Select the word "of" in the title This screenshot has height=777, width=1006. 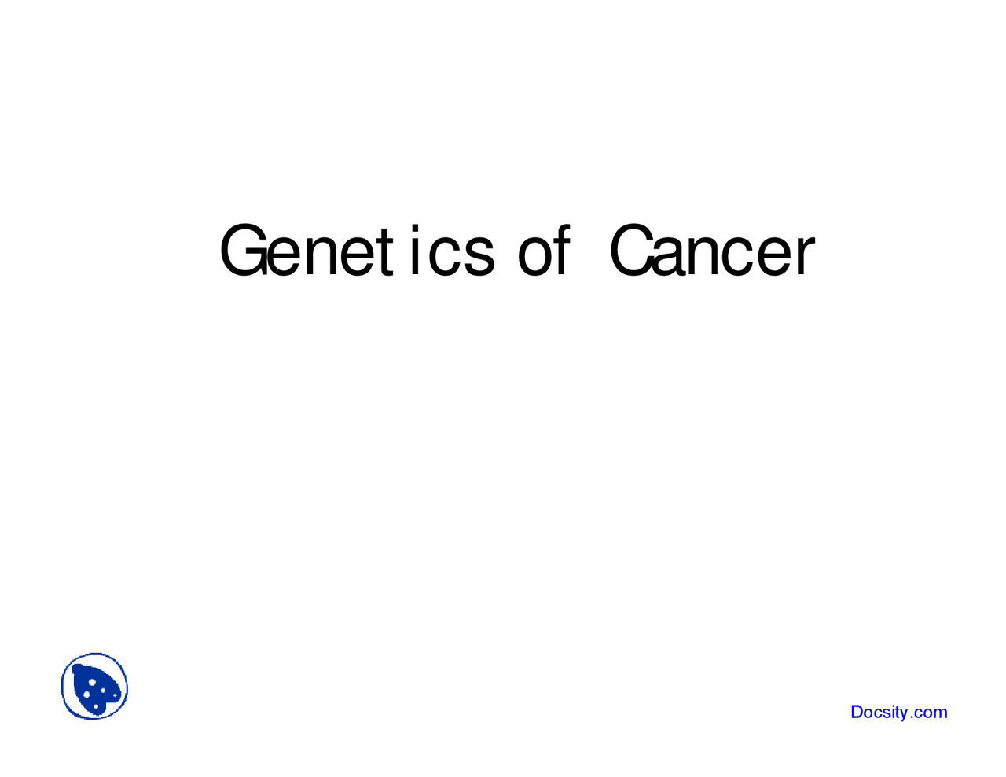coord(542,251)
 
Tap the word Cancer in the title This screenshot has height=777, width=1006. coord(712,251)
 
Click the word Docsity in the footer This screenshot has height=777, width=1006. coord(879,713)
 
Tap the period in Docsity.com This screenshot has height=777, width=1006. coord(912,717)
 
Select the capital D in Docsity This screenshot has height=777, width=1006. coord(857,712)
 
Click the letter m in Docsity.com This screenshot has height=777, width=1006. coord(940,713)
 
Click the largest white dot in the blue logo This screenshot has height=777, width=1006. coord(93,682)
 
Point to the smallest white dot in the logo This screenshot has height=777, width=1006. coord(116,696)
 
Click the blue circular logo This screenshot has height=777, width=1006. coord(94,687)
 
